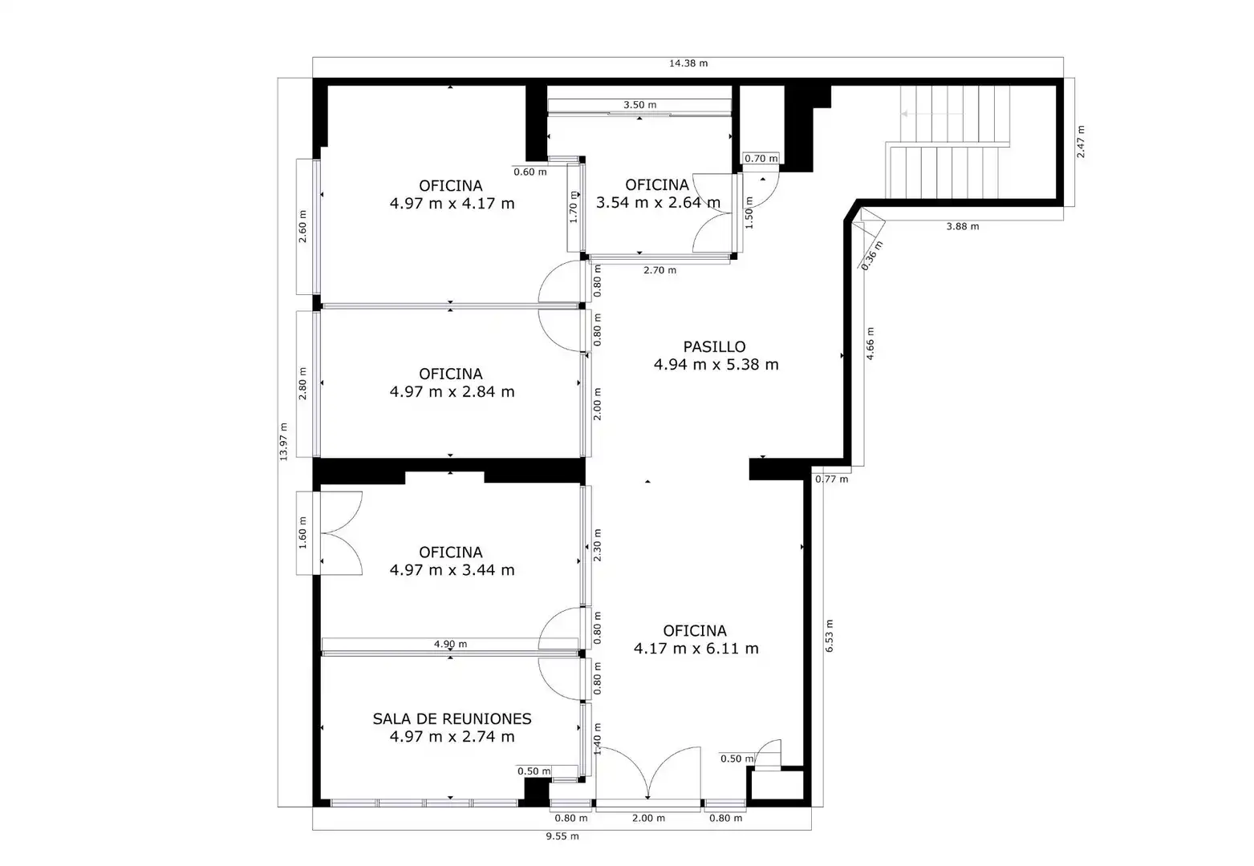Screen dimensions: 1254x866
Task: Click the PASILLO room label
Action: (x=714, y=347)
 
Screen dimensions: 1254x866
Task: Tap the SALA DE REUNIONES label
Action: (x=452, y=719)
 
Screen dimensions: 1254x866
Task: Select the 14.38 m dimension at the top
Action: (x=688, y=63)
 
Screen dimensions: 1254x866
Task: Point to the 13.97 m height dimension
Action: (x=284, y=442)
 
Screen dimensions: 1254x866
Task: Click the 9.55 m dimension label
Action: (x=562, y=836)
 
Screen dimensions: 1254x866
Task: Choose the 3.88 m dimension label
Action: (x=962, y=227)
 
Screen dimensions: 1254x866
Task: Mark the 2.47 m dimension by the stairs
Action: (x=1081, y=142)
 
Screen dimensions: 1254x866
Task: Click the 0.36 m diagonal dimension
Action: (x=871, y=256)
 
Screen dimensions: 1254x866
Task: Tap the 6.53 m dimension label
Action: (x=829, y=636)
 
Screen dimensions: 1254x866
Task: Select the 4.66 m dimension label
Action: (x=870, y=343)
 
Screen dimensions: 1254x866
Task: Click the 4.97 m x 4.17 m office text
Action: (x=452, y=204)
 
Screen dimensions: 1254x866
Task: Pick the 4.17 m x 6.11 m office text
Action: (x=696, y=649)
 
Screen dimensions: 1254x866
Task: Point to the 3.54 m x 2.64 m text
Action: (x=658, y=203)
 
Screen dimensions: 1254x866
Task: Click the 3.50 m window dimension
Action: (x=640, y=105)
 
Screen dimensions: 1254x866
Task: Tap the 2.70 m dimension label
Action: (x=659, y=270)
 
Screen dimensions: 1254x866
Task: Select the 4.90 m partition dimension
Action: (x=450, y=644)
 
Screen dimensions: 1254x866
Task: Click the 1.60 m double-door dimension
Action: (x=302, y=532)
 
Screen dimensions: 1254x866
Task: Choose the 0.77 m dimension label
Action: (x=831, y=480)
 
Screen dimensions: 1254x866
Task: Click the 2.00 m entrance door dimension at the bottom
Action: (x=648, y=819)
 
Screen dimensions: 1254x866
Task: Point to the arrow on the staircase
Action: (x=932, y=114)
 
